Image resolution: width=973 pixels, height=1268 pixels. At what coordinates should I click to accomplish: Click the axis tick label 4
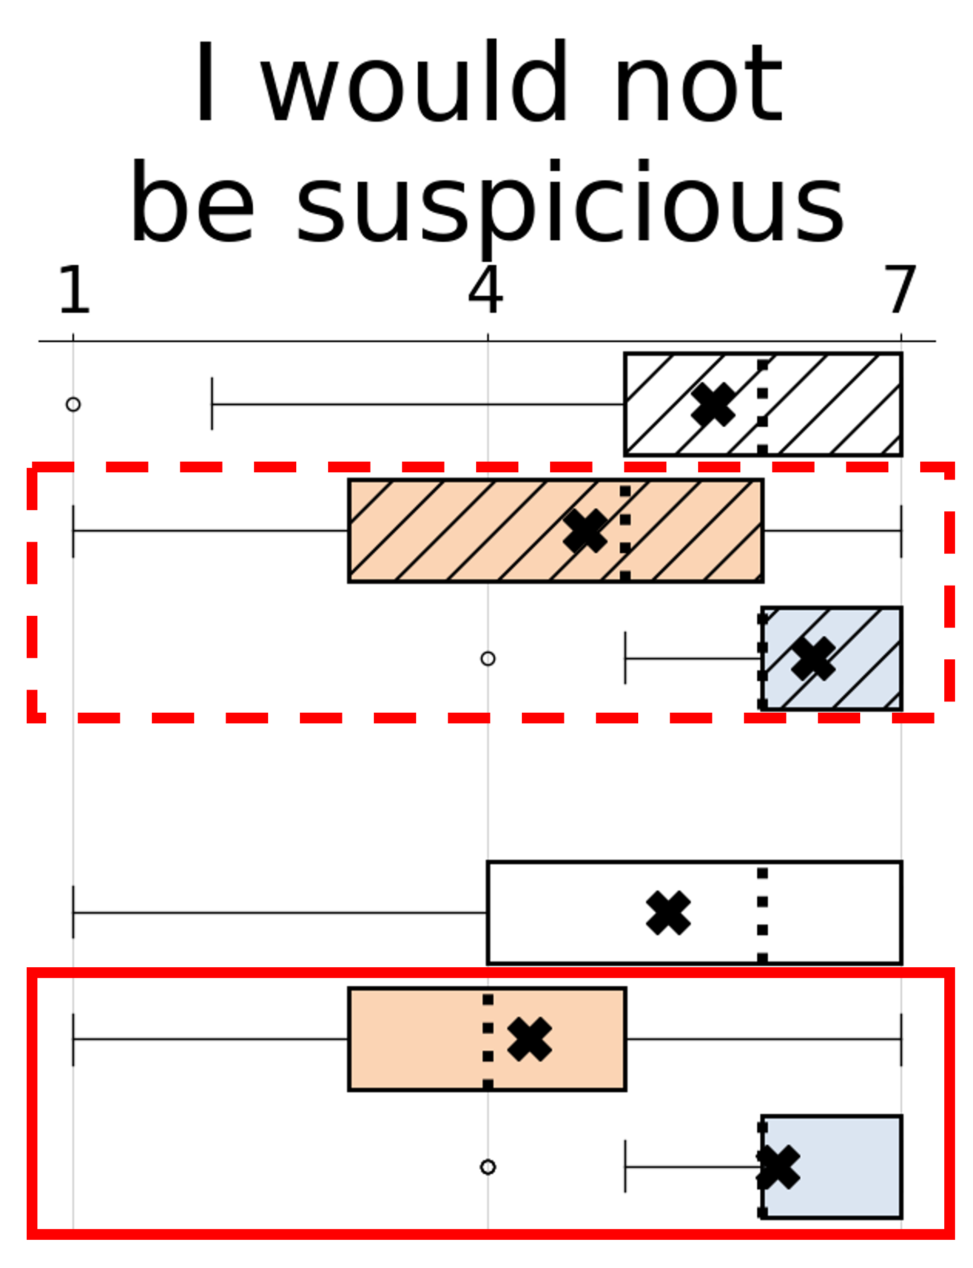[x=485, y=290]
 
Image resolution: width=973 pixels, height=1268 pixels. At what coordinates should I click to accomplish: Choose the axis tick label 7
[x=900, y=290]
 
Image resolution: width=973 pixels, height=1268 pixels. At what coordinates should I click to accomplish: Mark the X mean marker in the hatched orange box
[x=585, y=531]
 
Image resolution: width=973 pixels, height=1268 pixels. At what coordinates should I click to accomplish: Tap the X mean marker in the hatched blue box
[x=813, y=659]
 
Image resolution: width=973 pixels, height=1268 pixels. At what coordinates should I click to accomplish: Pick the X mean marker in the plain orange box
[x=530, y=1040]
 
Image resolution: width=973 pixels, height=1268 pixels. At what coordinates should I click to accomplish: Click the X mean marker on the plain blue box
[x=778, y=1167]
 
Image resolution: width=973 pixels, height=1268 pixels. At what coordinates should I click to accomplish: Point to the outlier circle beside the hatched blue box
[x=488, y=659]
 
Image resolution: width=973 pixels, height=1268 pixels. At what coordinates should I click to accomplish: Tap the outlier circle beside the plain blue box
[x=488, y=1167]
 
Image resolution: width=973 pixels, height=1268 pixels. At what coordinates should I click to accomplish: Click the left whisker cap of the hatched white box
[x=212, y=404]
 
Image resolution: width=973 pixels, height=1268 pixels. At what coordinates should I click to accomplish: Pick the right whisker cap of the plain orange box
[x=901, y=1040]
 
